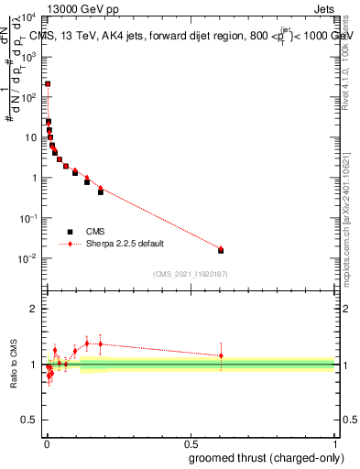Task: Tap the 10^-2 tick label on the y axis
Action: (29, 258)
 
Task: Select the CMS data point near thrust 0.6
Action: (221, 250)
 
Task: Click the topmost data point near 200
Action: (48, 83)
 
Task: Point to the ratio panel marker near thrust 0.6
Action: (221, 355)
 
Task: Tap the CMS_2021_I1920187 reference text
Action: (191, 274)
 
